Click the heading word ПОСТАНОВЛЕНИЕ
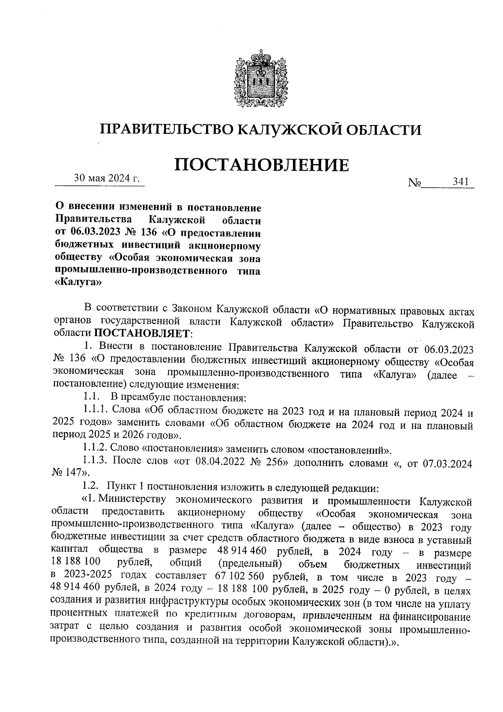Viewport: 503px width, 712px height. click(x=261, y=165)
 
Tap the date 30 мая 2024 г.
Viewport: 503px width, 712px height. click(x=106, y=178)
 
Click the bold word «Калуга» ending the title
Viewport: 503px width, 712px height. click(x=78, y=282)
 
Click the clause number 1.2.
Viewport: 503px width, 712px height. click(x=91, y=487)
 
